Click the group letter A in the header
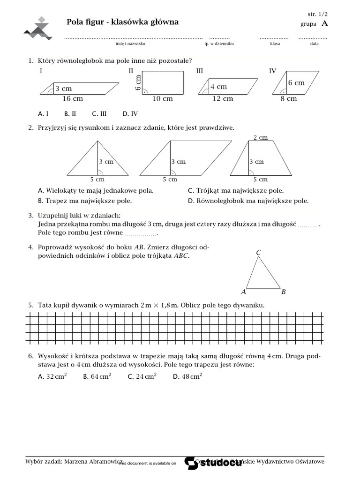click(325, 24)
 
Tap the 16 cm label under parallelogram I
click(72, 98)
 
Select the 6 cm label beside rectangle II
click(138, 82)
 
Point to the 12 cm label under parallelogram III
click(223, 98)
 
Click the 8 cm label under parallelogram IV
click(289, 98)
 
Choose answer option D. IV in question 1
click(130, 113)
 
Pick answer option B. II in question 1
click(70, 113)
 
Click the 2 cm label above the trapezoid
click(260, 137)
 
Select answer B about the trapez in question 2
click(85, 201)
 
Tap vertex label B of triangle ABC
click(284, 292)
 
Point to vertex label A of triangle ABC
click(243, 292)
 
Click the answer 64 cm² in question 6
click(97, 376)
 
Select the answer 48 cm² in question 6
click(187, 376)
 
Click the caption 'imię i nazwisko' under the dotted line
click(130, 44)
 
